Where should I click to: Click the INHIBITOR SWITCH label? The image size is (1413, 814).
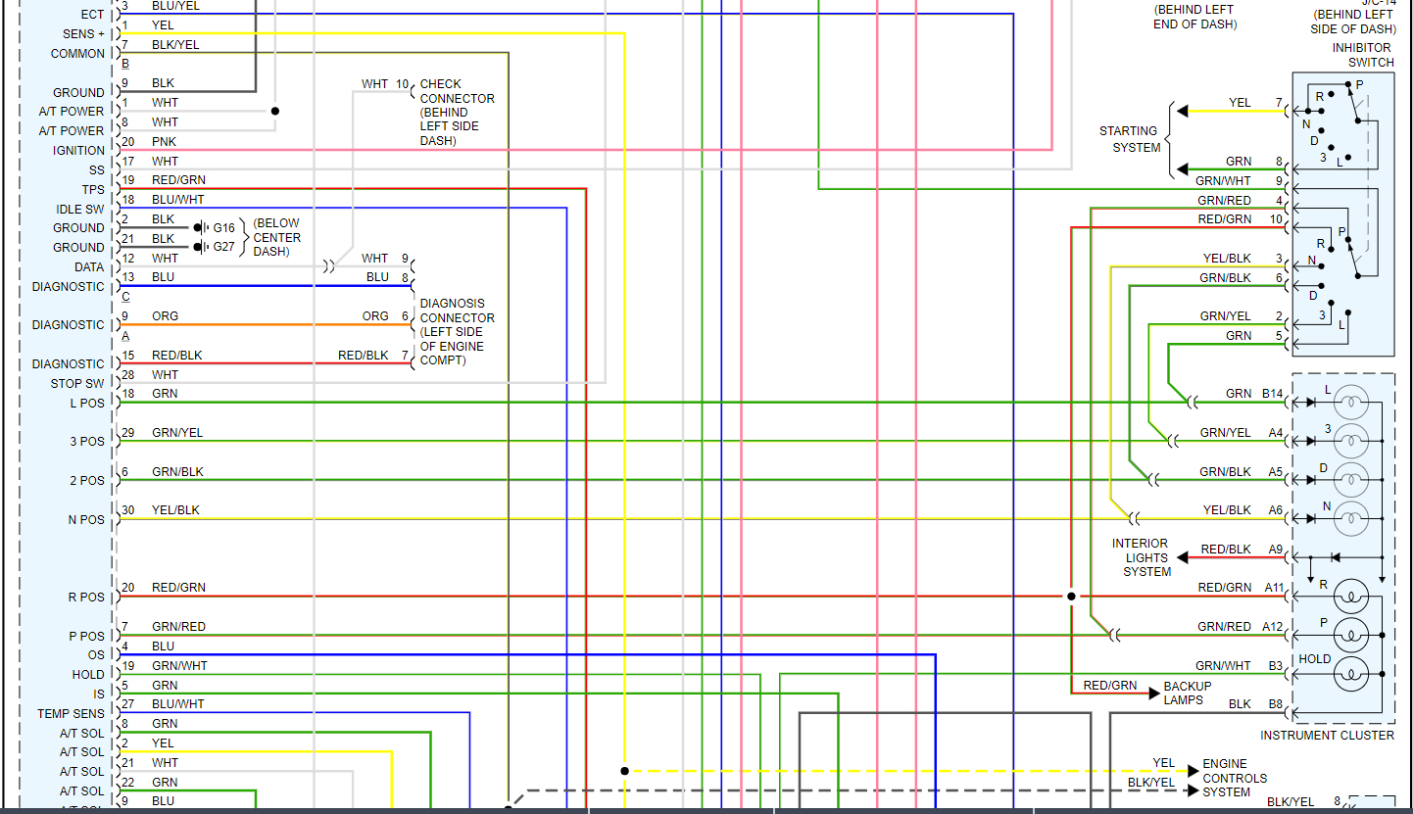pyautogui.click(x=1362, y=55)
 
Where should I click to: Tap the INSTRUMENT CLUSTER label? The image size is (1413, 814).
pyautogui.click(x=1327, y=735)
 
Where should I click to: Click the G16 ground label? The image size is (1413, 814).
pyautogui.click(x=224, y=228)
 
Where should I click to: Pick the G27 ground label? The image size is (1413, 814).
pyautogui.click(x=224, y=247)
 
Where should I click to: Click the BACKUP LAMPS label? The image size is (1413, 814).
pyautogui.click(x=1188, y=694)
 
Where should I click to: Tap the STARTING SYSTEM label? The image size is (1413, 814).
pyautogui.click(x=1129, y=139)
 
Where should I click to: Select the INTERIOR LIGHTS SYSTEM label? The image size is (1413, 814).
pyautogui.click(x=1141, y=557)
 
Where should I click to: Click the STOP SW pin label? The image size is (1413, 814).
pyautogui.click(x=77, y=384)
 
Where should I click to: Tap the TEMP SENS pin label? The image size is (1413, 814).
pyautogui.click(x=71, y=714)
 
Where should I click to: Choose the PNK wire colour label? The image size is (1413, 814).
pyautogui.click(x=165, y=142)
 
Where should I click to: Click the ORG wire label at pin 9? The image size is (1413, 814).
pyautogui.click(x=165, y=316)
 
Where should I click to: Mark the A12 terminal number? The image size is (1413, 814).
pyautogui.click(x=1273, y=627)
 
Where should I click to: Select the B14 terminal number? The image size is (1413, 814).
pyautogui.click(x=1272, y=394)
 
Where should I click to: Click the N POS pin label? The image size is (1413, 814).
pyautogui.click(x=85, y=520)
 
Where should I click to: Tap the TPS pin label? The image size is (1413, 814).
pyautogui.click(x=93, y=189)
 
